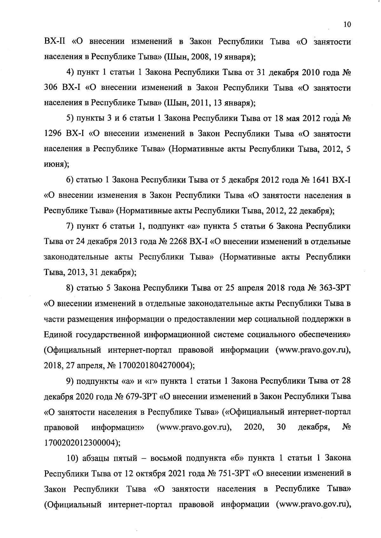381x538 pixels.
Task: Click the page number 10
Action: [x=347, y=25]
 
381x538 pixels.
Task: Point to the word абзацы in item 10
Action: [x=96, y=458]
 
